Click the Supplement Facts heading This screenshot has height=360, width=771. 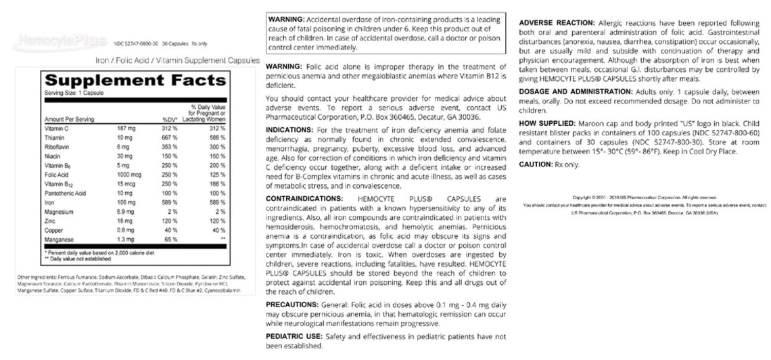point(133,81)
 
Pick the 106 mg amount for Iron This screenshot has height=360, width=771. point(126,202)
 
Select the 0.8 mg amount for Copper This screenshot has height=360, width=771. point(125,230)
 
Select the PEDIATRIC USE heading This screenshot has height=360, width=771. point(295,336)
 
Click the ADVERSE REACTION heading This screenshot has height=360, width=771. point(557,23)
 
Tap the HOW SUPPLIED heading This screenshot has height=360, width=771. point(547,124)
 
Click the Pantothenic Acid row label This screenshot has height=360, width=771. point(66,193)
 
